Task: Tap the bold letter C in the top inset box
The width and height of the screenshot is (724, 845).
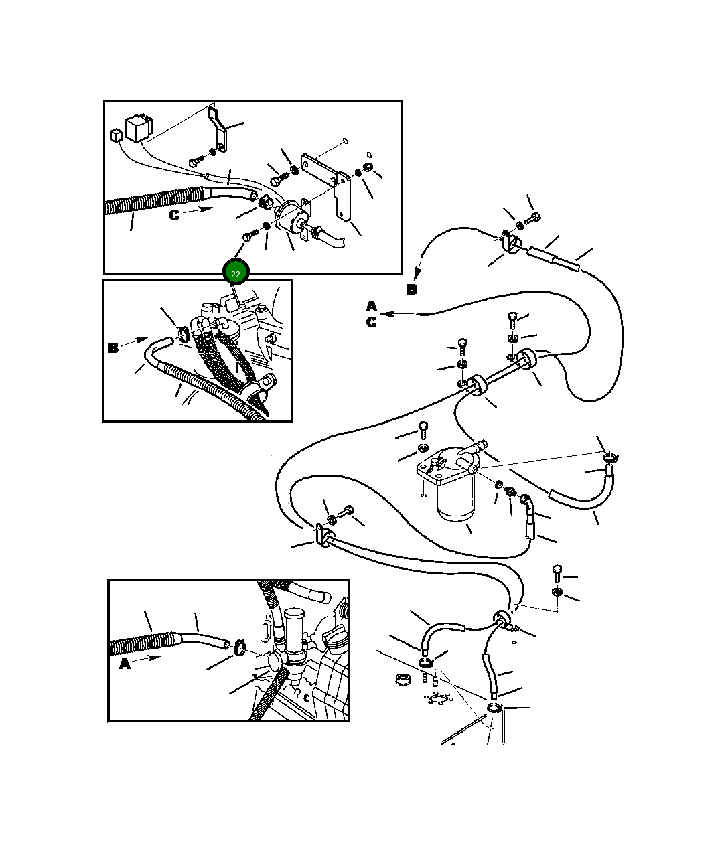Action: [174, 215]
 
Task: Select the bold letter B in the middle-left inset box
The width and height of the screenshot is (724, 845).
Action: [113, 348]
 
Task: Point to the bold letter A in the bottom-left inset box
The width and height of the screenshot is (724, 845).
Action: [125, 664]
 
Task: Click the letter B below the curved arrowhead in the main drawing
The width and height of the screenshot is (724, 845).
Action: [412, 289]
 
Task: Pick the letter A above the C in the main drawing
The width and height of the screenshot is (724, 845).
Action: [372, 306]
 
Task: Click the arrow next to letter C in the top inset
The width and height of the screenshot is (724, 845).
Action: [197, 210]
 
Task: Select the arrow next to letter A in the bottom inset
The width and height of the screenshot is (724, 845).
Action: [147, 658]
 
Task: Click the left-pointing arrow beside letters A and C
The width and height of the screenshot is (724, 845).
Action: [398, 314]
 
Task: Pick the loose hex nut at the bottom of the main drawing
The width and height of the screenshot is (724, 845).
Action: [403, 680]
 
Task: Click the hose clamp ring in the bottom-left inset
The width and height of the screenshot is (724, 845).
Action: [240, 647]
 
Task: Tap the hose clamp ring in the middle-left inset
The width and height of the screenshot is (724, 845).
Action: [183, 333]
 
